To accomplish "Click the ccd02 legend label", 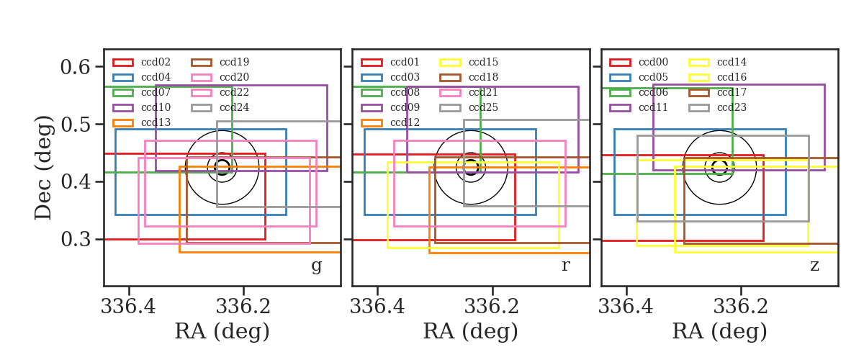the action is pos(156,62).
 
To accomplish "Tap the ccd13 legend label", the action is pos(156,122).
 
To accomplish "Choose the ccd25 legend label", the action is pos(483,107).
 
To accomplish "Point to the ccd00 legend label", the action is pos(654,62).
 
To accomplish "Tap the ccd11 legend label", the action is pos(654,107).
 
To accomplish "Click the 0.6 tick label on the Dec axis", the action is pos(75,67).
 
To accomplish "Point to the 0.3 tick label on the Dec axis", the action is pos(76,239).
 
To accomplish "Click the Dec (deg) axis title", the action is pos(42,168).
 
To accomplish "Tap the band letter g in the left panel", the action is pos(316,266).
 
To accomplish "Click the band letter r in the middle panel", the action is pos(565,265).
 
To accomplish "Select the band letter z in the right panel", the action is pos(814,266).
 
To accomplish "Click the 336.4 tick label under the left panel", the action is pos(128,307).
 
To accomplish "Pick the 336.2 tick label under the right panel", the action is pos(741,307).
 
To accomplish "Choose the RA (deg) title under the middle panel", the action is pos(471,331).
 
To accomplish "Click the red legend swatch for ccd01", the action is pos(372,63).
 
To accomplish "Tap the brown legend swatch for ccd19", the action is pos(202,63).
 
